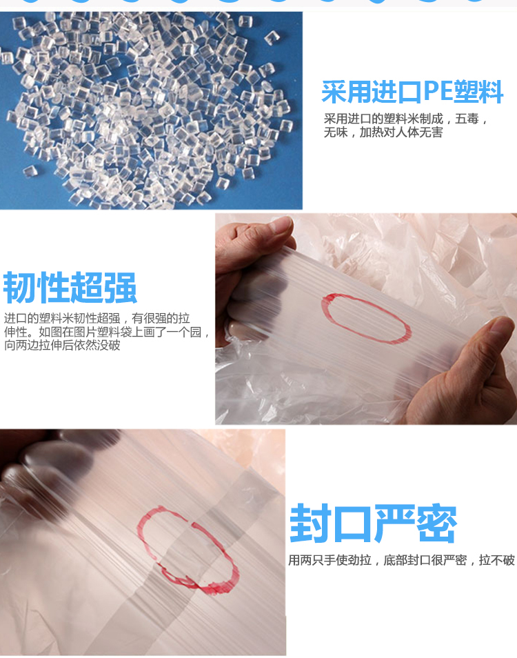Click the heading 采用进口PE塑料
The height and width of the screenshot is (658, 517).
412,92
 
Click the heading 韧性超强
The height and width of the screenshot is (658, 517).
70,288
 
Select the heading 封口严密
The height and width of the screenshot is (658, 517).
373,524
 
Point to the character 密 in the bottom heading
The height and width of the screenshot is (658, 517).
436,524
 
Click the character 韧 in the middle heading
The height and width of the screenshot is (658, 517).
19,288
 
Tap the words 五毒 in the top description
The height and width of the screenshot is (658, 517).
467,119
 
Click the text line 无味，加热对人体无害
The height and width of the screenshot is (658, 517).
383,132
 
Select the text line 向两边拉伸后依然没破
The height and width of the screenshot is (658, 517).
62,346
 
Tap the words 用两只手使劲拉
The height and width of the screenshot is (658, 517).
330,560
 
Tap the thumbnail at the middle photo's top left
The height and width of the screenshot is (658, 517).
282,225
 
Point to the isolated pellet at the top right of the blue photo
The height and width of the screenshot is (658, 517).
272,37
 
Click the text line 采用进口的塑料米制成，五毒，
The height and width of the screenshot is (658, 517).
405,119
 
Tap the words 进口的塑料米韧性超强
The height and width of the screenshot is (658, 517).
62,319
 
